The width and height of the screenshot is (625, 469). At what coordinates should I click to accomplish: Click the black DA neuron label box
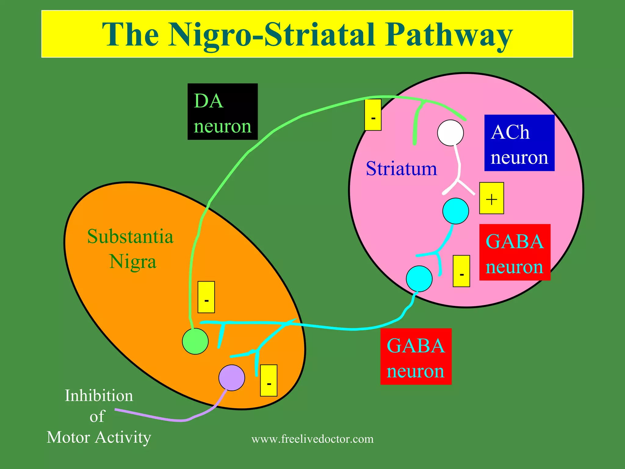[x=222, y=112]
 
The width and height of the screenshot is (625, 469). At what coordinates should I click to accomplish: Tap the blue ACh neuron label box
[x=519, y=143]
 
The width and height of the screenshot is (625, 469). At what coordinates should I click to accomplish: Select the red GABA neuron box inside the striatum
[x=515, y=252]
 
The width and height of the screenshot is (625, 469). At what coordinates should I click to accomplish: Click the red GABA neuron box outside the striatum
[x=416, y=356]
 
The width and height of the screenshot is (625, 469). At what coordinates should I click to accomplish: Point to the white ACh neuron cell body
[x=450, y=133]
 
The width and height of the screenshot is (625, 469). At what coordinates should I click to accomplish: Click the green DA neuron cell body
[x=195, y=341]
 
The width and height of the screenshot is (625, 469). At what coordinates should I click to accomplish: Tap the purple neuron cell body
[x=232, y=378]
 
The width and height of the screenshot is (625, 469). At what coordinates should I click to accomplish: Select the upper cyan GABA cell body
[x=456, y=211]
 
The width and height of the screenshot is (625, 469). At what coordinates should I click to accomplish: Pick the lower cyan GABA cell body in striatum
[x=419, y=278]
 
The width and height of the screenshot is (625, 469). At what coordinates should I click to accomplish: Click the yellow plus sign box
[x=491, y=198]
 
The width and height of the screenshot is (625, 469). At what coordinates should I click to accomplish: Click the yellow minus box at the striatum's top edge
[x=373, y=115]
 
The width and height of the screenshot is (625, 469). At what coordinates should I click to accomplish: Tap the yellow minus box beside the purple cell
[x=269, y=380]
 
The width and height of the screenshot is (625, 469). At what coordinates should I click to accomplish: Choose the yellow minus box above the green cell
[x=206, y=297]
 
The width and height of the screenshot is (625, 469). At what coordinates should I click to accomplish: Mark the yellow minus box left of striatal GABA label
[x=461, y=271]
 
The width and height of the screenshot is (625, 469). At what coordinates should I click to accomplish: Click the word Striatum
[x=401, y=169]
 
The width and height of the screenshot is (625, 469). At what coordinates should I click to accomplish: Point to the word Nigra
[x=133, y=262]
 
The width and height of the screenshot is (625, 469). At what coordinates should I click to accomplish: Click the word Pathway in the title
[x=449, y=35]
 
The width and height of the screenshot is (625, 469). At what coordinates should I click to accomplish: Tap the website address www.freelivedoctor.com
[x=312, y=439]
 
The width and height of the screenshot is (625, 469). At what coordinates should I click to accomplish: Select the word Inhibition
[x=99, y=396]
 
